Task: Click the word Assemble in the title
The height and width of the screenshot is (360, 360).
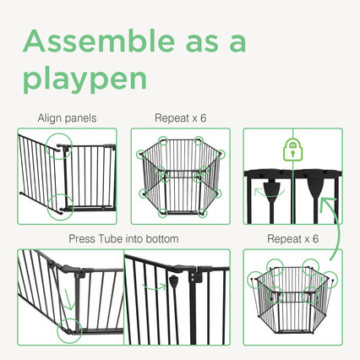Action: (x=99, y=41)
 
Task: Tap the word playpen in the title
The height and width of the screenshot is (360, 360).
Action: (x=85, y=79)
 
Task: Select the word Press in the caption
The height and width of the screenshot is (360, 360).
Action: (x=82, y=239)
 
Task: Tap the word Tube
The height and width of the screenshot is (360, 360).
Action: (x=110, y=239)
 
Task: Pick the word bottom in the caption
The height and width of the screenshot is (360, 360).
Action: (x=161, y=239)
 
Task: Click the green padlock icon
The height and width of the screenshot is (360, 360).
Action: (x=292, y=150)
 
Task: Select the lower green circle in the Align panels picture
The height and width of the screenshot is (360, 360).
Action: (x=47, y=207)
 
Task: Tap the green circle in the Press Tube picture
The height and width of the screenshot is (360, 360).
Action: (x=57, y=330)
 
